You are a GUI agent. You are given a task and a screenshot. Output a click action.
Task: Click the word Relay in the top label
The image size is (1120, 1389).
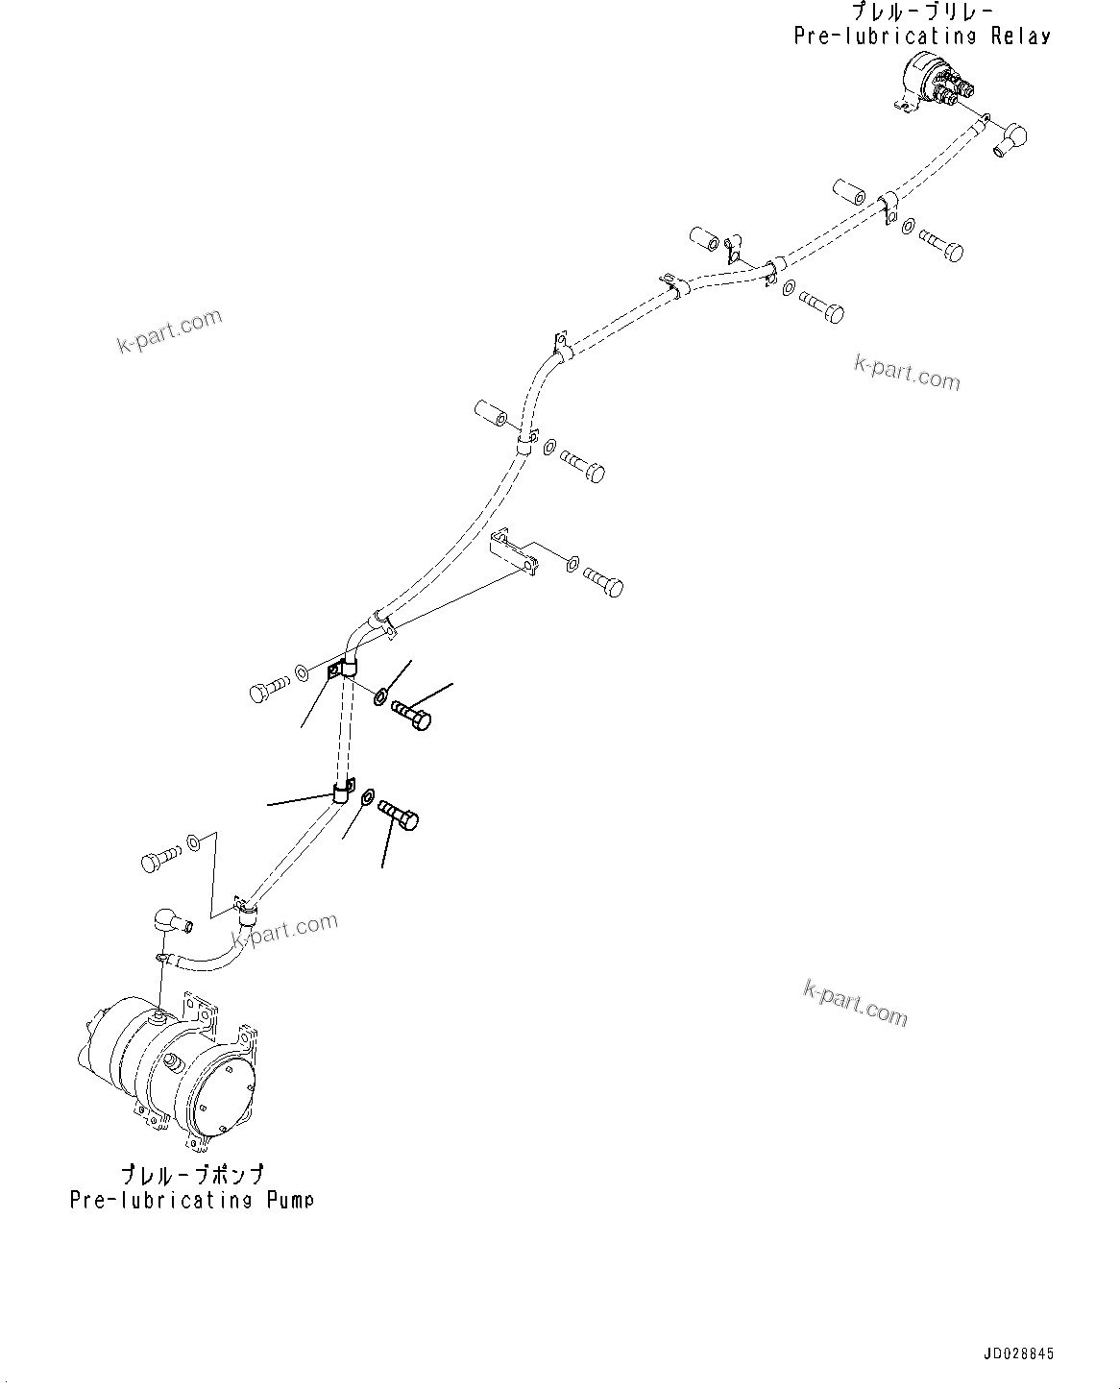tap(1018, 37)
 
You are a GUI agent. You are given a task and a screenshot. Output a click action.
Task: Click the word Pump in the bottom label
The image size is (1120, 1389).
tap(290, 1201)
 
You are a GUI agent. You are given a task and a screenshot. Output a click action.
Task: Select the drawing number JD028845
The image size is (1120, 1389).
tap(1018, 1354)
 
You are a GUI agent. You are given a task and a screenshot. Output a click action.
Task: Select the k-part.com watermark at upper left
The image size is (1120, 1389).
tap(169, 330)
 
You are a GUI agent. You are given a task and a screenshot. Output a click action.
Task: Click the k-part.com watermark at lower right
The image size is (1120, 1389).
tap(855, 1004)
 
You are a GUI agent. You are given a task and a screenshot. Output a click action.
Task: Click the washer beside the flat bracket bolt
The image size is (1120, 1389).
tap(572, 564)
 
